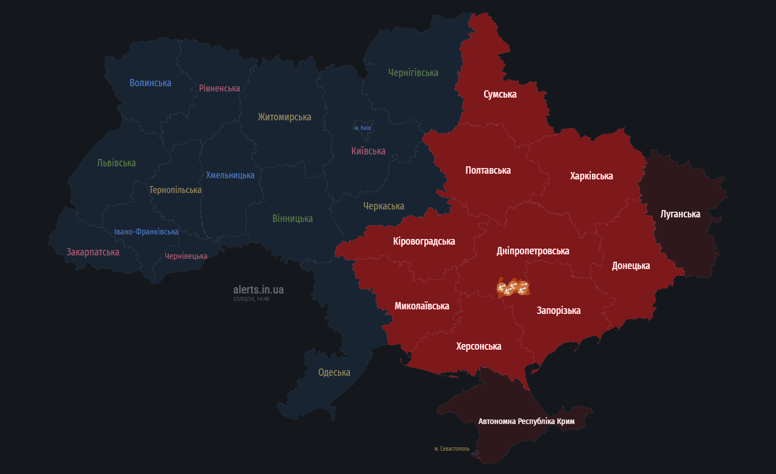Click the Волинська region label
151,83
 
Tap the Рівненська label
219,88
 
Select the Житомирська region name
285,117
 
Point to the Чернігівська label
413,73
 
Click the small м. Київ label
362,128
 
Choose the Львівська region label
116,163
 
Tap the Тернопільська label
176,190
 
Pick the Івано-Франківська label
146,232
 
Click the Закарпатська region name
93,251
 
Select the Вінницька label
293,219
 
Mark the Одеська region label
334,372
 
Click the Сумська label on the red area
500,94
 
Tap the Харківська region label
591,176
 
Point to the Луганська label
681,214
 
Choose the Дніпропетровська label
533,251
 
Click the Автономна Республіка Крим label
527,421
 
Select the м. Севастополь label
452,448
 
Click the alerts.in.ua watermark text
258,290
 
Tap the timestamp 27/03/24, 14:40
251,299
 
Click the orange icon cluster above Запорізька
513,288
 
